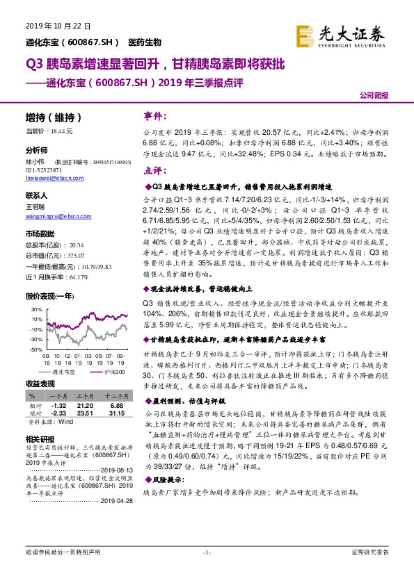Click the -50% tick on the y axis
coord(34,350)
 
